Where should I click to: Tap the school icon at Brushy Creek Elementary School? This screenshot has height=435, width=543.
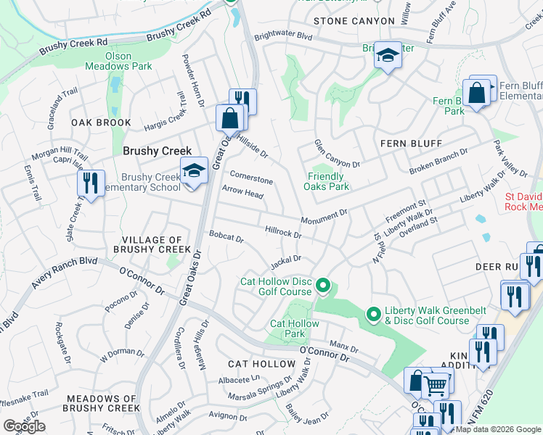pyautogui.click(x=193, y=171)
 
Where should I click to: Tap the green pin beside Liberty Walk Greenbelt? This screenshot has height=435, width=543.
pyautogui.click(x=373, y=314)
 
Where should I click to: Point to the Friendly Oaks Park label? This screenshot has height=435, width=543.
pyautogui.click(x=327, y=181)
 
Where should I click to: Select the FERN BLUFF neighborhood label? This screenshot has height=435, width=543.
pyautogui.click(x=411, y=144)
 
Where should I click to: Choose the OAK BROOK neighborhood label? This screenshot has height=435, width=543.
pyautogui.click(x=100, y=123)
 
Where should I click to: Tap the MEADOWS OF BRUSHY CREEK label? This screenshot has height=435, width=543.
pyautogui.click(x=102, y=404)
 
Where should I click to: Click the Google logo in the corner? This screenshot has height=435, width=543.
pyautogui.click(x=24, y=426)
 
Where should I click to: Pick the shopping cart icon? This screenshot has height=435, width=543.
pyautogui.click(x=436, y=385)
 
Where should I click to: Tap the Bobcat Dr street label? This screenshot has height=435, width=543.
pyautogui.click(x=226, y=236)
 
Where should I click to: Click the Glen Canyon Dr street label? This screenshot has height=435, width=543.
pyautogui.click(x=337, y=154)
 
